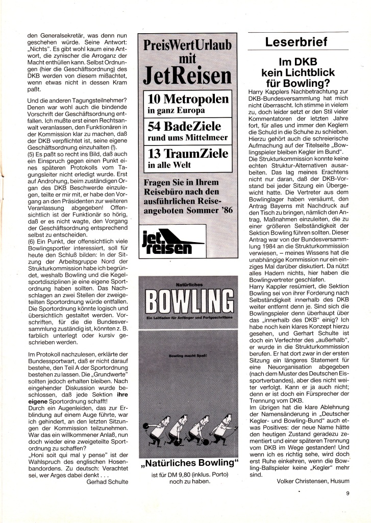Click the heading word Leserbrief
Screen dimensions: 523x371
pyautogui.click(x=295, y=42)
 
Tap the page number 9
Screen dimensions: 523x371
pyautogui.click(x=347, y=493)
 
